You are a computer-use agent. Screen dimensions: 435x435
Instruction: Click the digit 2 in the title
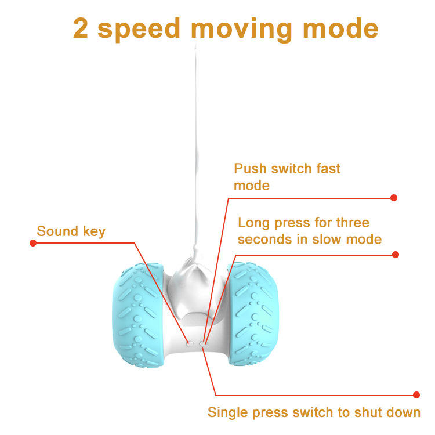[x=81, y=28]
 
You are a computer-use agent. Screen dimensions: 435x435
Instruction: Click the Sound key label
[x=71, y=232]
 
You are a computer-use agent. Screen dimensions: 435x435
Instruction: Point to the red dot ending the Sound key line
[x=33, y=242]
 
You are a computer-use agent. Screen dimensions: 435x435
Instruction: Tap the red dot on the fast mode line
[x=394, y=198]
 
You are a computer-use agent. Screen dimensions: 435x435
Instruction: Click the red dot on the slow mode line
[x=396, y=255]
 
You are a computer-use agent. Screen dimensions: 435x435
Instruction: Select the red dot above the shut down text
[x=416, y=395]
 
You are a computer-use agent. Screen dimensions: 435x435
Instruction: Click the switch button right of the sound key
[x=202, y=343]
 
